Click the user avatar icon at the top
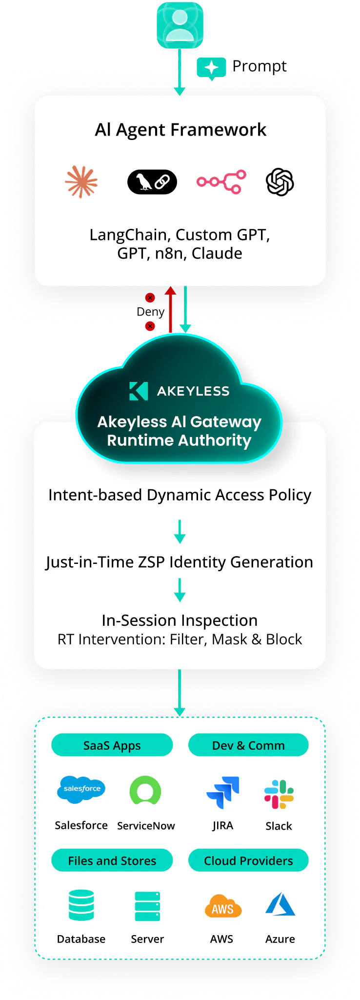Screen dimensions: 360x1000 pos(180,25)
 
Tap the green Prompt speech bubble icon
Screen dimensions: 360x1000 pos(211,68)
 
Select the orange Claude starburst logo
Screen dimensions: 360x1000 pos(81,182)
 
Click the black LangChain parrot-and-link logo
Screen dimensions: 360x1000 pos(152,182)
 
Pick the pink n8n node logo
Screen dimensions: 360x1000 pos(221,182)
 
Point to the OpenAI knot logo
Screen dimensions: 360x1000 pos(280,182)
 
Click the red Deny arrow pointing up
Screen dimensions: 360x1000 pos(170,310)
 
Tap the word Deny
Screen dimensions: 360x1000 pos(150,312)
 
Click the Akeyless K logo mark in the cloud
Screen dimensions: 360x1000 pos(139,391)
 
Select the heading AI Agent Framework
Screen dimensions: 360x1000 pos(180,130)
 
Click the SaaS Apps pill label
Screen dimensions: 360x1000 pos(112,745)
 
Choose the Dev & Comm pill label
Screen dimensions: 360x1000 pos(248,745)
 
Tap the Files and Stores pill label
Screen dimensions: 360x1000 pos(112,860)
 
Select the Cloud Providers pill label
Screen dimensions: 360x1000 pos(248,860)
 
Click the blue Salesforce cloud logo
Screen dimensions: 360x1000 pos(81,789)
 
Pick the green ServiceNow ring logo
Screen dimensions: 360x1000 pos(145,791)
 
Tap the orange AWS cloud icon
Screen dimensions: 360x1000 pos(223,906)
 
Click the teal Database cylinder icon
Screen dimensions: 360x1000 pos(81,905)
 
